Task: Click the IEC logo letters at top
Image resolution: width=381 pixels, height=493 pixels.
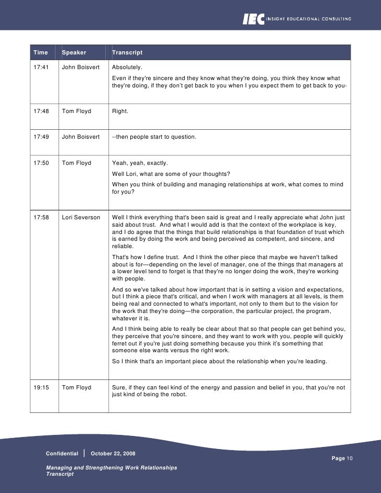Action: click(253, 19)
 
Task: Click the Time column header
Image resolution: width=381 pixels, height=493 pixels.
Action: click(40, 53)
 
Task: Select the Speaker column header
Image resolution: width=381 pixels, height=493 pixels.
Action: click(74, 53)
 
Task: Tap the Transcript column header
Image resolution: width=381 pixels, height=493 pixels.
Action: click(127, 53)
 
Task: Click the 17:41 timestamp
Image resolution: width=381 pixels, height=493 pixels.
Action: click(40, 68)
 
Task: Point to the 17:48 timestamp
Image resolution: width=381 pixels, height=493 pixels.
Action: click(40, 111)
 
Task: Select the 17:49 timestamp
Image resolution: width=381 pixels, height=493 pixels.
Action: click(40, 137)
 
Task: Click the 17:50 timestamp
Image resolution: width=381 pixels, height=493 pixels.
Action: click(40, 163)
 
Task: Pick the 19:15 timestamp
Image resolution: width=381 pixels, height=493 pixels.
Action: click(40, 388)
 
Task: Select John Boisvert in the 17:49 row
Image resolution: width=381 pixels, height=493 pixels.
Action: click(81, 137)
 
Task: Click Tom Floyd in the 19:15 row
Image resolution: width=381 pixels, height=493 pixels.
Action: click(76, 388)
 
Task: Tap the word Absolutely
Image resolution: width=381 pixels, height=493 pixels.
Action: click(127, 68)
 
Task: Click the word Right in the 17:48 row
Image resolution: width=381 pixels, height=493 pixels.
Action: click(120, 111)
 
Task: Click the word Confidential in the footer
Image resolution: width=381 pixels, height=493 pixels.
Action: click(62, 453)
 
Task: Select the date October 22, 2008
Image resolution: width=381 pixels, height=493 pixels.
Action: click(113, 453)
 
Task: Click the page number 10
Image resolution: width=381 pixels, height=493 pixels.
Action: click(351, 458)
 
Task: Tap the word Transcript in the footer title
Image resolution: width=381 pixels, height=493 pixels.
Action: click(60, 474)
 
